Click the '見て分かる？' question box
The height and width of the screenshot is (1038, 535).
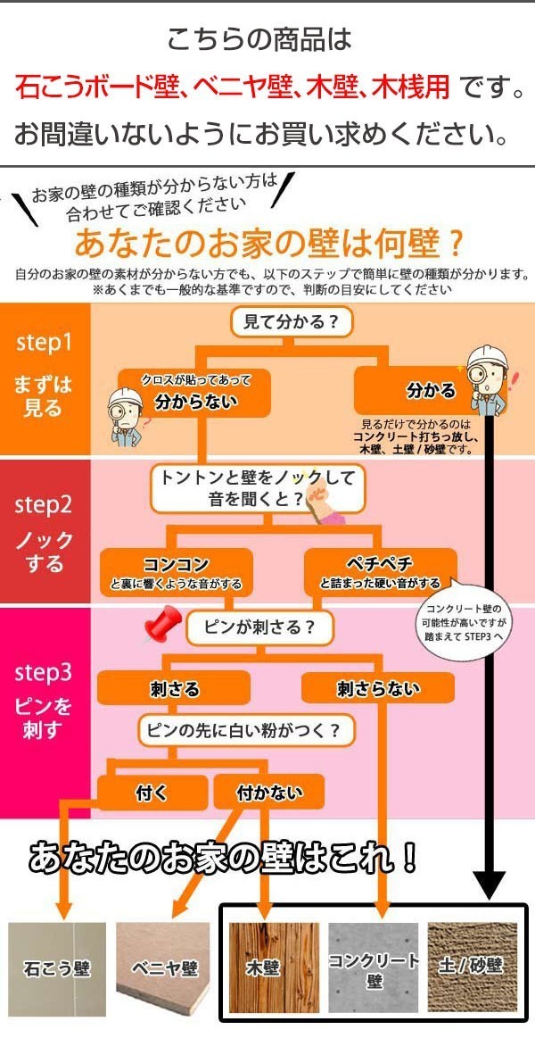coord(291,322)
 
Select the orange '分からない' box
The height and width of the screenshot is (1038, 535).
coord(194,394)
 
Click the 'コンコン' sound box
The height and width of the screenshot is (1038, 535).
coord(177,572)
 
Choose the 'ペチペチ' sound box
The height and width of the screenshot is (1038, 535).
coord(380,572)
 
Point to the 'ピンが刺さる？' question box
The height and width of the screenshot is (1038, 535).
coord(259,627)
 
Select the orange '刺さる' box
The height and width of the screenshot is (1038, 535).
coord(174,688)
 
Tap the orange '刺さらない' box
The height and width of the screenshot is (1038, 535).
coord(377,688)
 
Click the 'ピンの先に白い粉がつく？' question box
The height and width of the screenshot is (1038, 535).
coord(245,732)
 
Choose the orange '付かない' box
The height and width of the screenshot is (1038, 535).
coord(269,793)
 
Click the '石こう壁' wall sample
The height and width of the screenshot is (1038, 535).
coord(57,970)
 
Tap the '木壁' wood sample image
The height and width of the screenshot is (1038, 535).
coord(274,970)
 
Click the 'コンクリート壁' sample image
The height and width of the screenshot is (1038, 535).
coord(374,970)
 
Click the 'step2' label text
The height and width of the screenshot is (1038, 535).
coord(43,505)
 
